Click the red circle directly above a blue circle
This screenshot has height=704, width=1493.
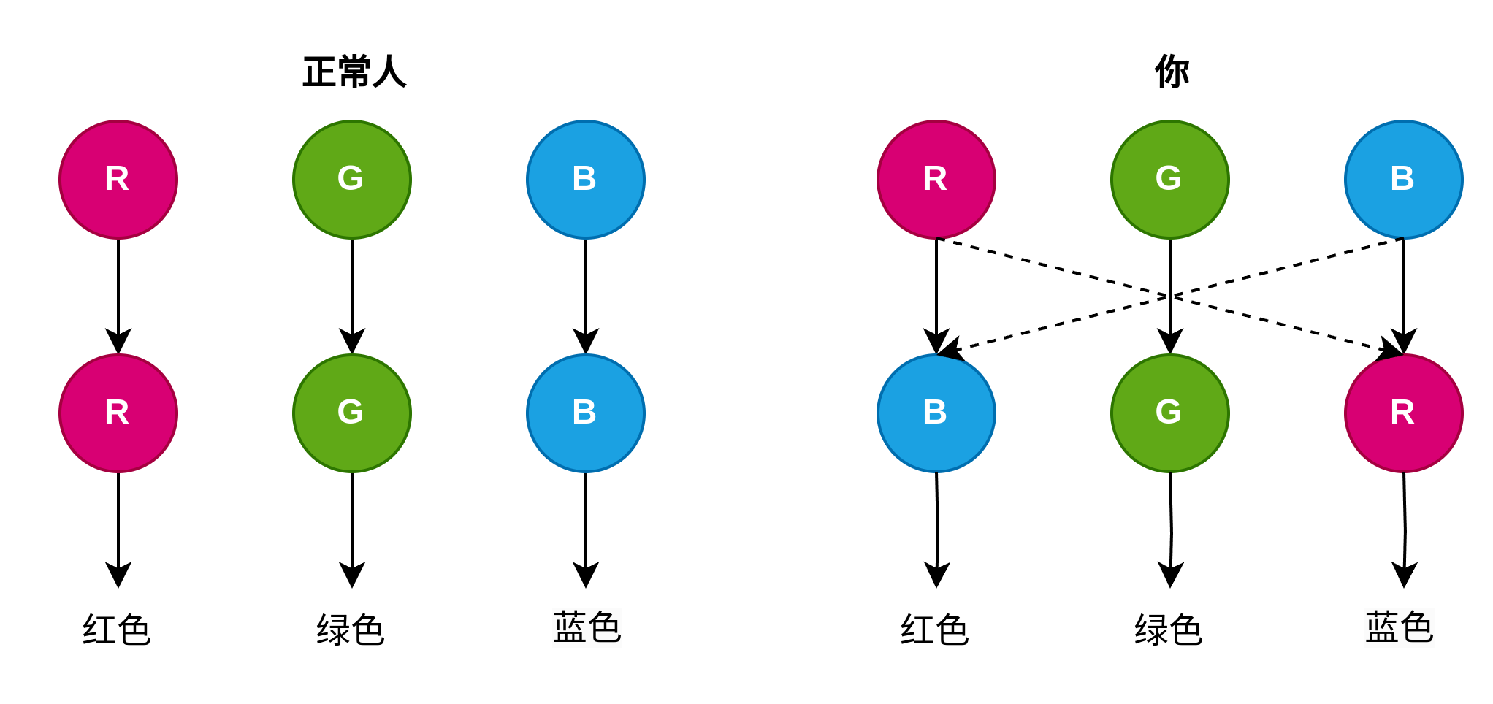(936, 180)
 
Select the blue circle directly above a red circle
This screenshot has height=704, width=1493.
(1403, 180)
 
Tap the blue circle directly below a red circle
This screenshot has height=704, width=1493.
(936, 413)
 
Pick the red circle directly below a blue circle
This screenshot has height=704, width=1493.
(1403, 413)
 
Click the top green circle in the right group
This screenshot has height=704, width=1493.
(1169, 180)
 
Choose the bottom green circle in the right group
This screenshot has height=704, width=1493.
(1169, 413)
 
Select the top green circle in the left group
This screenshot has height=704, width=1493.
(351, 180)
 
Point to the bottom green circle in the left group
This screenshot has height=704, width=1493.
(351, 413)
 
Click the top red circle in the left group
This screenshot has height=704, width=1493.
(118, 180)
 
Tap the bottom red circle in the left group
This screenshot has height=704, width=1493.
(118, 413)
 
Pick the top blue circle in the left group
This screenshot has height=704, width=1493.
(585, 180)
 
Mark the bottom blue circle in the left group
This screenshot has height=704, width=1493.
(585, 413)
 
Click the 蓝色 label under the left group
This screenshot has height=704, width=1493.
(587, 628)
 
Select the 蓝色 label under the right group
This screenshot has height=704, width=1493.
(1399, 628)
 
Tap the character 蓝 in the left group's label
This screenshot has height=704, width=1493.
(570, 628)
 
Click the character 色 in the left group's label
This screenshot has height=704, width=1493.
(604, 628)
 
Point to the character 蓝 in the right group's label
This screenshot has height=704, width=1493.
(1382, 628)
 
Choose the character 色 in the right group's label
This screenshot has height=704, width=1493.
(1416, 628)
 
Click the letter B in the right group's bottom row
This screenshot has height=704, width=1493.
(935, 413)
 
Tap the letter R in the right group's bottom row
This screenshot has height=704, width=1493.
(1402, 413)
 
